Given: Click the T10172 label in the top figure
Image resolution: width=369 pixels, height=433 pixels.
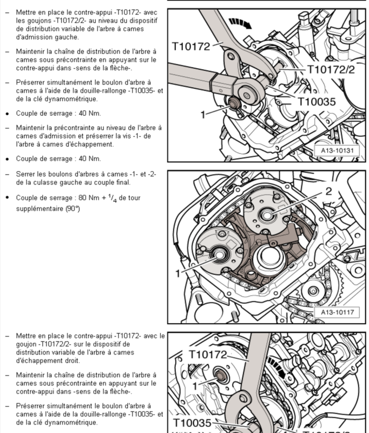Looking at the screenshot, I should click(192, 47).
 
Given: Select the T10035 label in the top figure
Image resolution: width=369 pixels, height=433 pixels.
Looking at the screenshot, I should click(316, 101).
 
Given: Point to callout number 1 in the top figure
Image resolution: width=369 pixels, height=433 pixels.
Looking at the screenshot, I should click(203, 115).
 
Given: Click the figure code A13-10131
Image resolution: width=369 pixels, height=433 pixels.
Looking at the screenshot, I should click(337, 151).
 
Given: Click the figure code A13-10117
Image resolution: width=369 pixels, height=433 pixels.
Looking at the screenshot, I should click(337, 312).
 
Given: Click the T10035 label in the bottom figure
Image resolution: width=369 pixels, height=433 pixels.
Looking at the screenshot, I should click(192, 423).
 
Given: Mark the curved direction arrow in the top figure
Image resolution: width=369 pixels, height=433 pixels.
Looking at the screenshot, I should click(239, 23).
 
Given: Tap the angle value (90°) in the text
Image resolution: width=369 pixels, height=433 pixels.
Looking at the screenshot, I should click(73, 208).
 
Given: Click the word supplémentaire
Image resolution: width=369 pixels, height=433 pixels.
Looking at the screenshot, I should click(41, 208).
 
